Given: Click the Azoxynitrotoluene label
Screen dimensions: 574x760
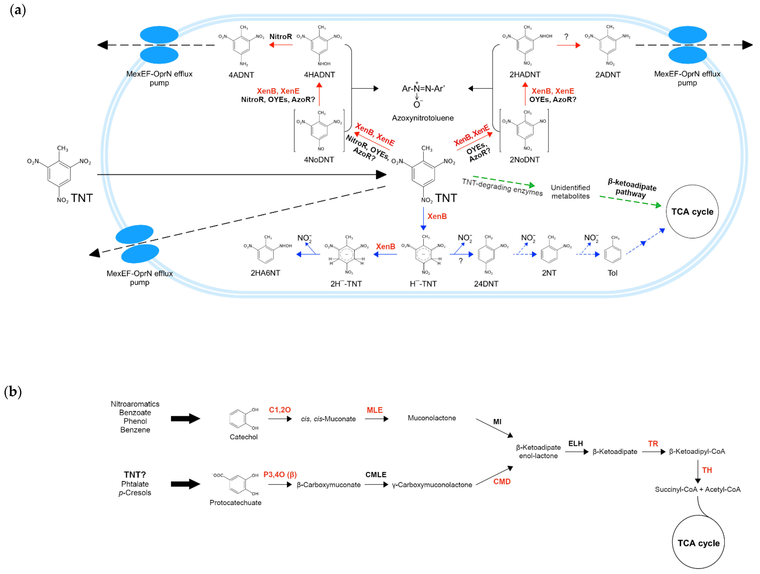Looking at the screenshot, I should (x=423, y=118).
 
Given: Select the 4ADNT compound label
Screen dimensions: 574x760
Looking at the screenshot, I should (x=241, y=75).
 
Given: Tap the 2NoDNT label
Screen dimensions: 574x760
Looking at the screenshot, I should (x=524, y=160).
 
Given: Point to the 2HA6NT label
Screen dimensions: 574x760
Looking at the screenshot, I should (x=265, y=273).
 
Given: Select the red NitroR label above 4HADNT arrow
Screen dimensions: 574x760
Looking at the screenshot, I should (x=280, y=36).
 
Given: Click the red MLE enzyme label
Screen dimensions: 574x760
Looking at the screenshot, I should (x=374, y=410).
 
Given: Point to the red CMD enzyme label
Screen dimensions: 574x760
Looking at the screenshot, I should (x=502, y=481).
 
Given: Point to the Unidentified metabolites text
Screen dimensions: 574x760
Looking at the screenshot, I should (x=570, y=192).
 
